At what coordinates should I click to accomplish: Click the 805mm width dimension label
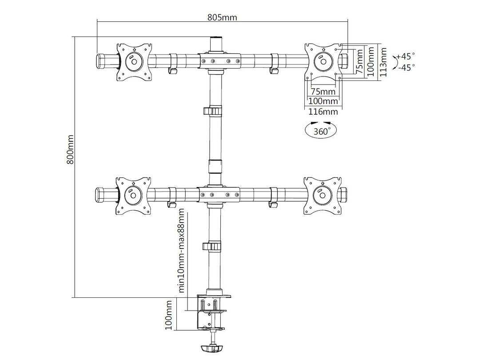click(222, 17)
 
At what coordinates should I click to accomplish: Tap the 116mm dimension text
click(323, 111)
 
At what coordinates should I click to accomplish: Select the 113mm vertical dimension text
click(383, 62)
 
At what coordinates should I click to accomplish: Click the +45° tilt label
click(405, 56)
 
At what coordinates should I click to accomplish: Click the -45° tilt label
click(405, 68)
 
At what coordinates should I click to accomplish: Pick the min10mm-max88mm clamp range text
click(181, 251)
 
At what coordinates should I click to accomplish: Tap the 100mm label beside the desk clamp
click(169, 315)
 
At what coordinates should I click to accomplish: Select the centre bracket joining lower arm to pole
click(220, 194)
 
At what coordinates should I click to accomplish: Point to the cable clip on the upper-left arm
click(173, 64)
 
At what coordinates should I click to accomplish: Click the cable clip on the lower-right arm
click(274, 197)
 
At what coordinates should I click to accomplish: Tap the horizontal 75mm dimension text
click(323, 92)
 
